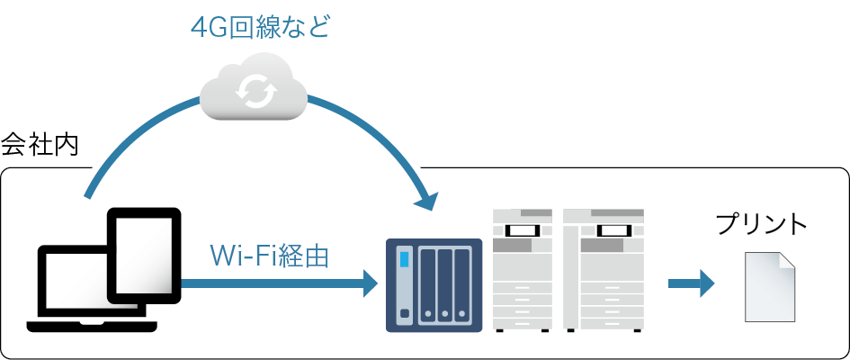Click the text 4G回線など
click(x=260, y=27)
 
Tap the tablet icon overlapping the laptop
click(x=144, y=256)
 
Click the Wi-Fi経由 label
click(x=269, y=256)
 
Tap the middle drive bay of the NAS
click(x=444, y=284)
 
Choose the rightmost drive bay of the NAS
click(x=462, y=284)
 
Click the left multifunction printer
click(x=523, y=270)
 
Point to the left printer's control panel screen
click(x=523, y=230)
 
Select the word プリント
click(x=761, y=225)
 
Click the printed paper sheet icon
click(x=769, y=288)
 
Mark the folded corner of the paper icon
click(x=786, y=262)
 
